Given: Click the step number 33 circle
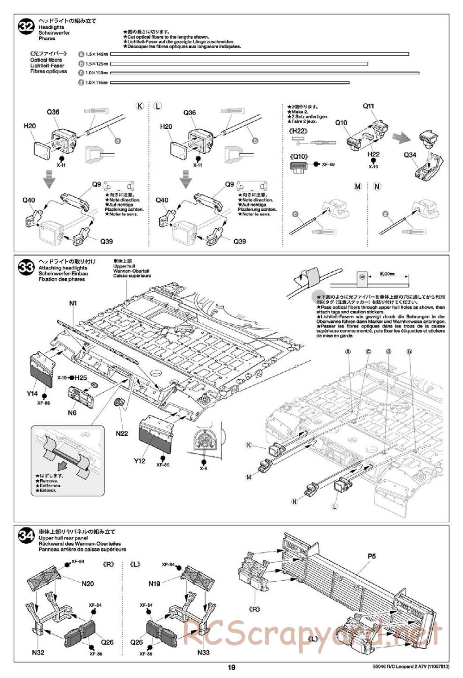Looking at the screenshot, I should click(x=26, y=267).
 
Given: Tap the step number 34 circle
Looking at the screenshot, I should click(x=26, y=536).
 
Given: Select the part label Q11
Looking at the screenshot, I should click(x=368, y=106).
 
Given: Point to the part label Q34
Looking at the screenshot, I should click(x=410, y=155).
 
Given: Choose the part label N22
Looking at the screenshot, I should click(x=122, y=433).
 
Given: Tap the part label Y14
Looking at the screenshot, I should click(x=32, y=394).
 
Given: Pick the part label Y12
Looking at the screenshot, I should click(x=140, y=461).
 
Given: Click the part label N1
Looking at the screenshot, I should click(x=73, y=303).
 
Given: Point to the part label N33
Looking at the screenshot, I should click(x=203, y=653).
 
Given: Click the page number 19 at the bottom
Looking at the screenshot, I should click(x=231, y=667).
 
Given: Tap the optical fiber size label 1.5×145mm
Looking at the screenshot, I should click(x=97, y=54).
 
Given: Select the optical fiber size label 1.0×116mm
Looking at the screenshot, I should click(x=96, y=83).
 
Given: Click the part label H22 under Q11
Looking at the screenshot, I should click(x=373, y=154).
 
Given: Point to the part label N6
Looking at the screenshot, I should click(x=72, y=413).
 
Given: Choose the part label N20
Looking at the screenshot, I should click(x=88, y=584).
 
